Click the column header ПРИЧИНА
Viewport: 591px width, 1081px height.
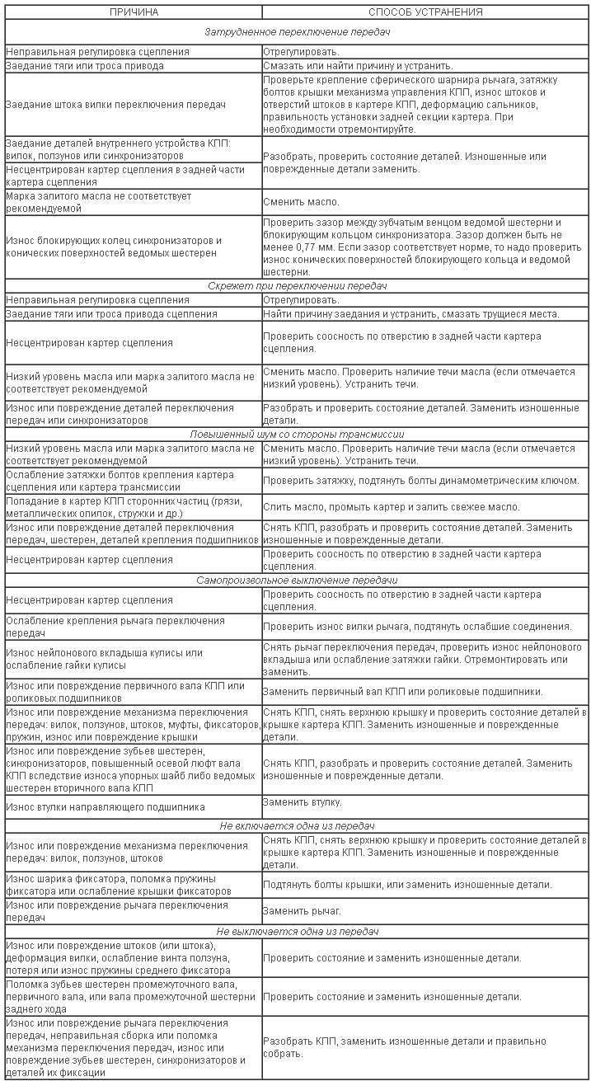tap(134, 12)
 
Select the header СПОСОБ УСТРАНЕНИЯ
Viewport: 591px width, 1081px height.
tap(425, 12)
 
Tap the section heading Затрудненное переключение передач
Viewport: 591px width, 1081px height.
tap(297, 31)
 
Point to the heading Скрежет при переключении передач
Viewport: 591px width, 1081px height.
tap(297, 285)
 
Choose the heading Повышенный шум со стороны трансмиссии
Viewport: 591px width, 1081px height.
tap(297, 434)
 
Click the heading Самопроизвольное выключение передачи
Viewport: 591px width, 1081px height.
tap(297, 580)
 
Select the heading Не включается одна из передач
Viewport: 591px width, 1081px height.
tap(297, 825)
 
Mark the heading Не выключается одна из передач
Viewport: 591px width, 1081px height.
tap(297, 931)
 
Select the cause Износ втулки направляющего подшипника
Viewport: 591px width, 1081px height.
tap(106, 806)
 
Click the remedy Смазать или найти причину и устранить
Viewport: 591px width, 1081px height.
tap(358, 65)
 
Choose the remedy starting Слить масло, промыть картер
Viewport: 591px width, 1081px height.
tap(391, 506)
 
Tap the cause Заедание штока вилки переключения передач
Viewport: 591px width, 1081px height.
tap(115, 105)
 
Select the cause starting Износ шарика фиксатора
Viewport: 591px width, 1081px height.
tap(111, 884)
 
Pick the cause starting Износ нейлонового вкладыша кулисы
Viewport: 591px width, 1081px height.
tap(104, 659)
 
